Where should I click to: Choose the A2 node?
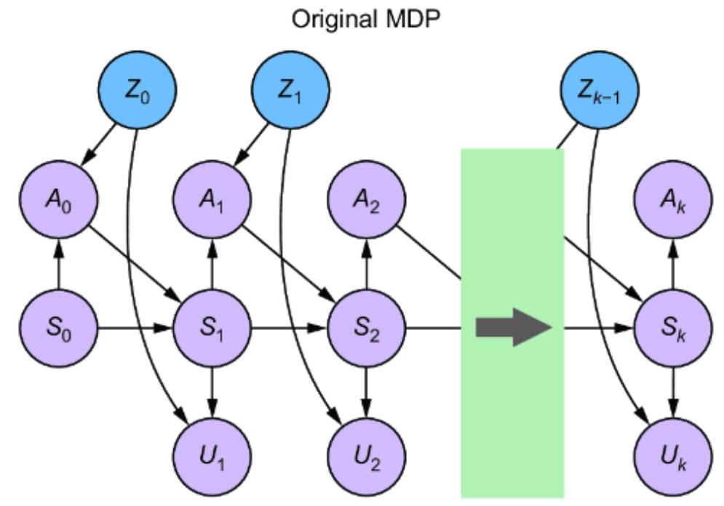point(366,199)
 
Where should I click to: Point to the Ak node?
point(673,199)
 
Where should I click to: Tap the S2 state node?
point(366,328)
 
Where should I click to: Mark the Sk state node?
point(673,328)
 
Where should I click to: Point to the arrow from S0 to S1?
point(135,328)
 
